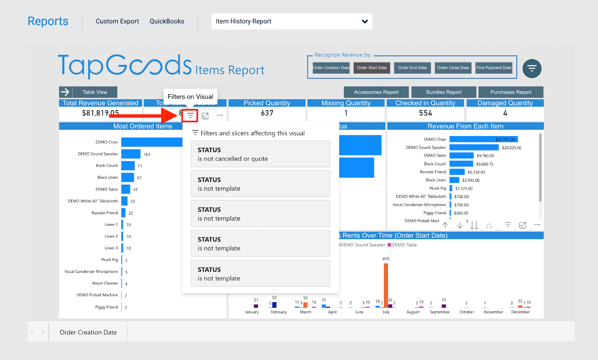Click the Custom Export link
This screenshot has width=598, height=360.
click(x=117, y=21)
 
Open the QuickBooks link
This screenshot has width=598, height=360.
click(x=167, y=21)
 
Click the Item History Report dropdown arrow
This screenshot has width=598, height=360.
click(x=365, y=22)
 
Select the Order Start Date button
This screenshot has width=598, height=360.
click(x=372, y=68)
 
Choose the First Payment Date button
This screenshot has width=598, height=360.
click(x=493, y=68)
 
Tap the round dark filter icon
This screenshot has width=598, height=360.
click(x=531, y=68)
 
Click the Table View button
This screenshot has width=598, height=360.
click(x=95, y=92)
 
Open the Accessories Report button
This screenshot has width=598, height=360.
click(x=376, y=92)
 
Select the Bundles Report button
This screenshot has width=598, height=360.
click(x=444, y=92)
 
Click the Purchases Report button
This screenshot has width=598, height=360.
click(x=511, y=92)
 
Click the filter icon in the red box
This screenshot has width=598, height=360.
click(x=190, y=116)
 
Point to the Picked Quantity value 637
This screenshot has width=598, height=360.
click(x=267, y=113)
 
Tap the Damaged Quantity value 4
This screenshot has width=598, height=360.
click(x=505, y=113)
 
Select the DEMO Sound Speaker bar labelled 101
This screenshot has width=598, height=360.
click(x=131, y=154)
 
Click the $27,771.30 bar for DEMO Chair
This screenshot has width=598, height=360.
click(x=483, y=139)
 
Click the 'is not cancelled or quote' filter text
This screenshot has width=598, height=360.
click(x=232, y=159)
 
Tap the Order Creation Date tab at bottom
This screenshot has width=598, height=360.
click(x=88, y=332)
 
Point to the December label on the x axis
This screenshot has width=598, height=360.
click(x=520, y=312)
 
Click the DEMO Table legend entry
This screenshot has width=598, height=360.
click(x=404, y=245)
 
